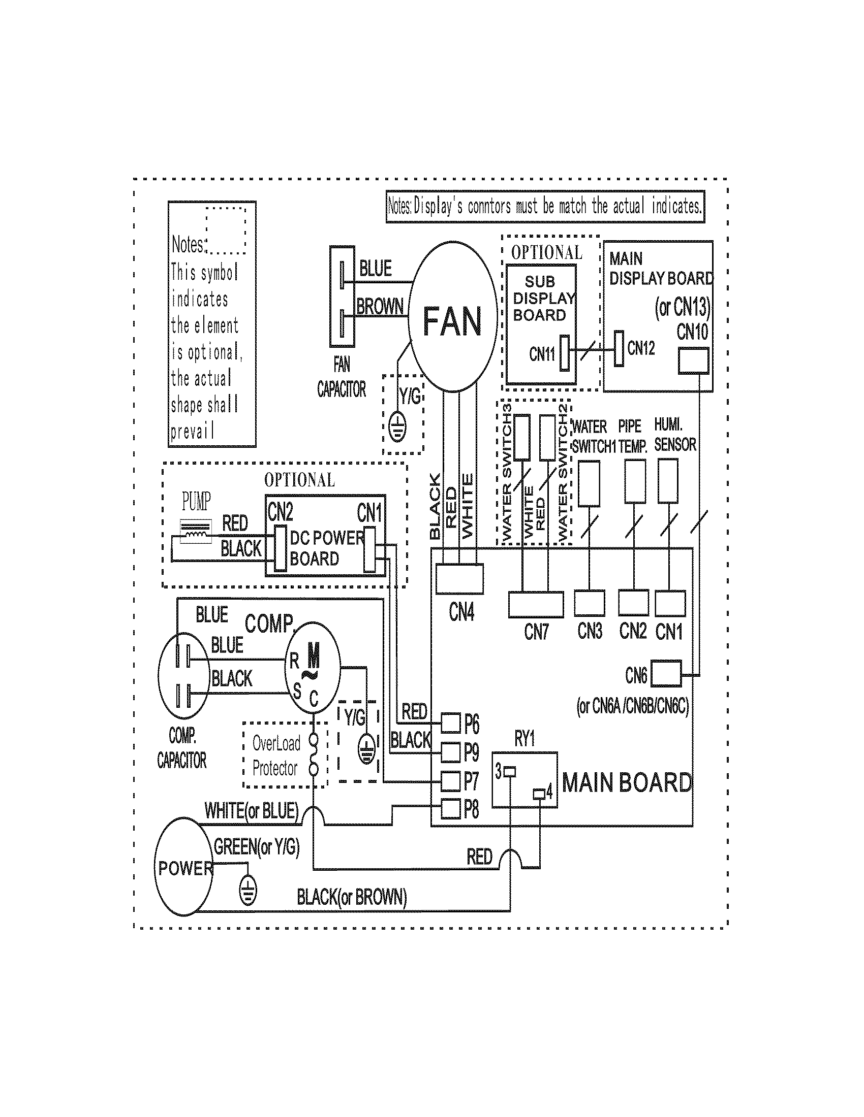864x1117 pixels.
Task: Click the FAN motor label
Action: click(452, 321)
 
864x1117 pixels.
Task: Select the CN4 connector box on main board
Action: click(459, 578)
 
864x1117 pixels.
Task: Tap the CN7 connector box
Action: click(535, 605)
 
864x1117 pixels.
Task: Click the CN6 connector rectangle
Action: click(666, 674)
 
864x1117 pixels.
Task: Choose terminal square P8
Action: click(450, 809)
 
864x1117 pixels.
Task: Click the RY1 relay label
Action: click(524, 739)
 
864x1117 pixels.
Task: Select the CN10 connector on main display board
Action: click(693, 360)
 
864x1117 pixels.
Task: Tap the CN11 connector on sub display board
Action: click(565, 353)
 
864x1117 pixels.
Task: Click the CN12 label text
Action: click(641, 348)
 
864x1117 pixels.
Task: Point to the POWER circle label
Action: click(185, 868)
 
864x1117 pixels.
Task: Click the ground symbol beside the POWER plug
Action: click(248, 892)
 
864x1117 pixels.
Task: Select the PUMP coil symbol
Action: click(196, 534)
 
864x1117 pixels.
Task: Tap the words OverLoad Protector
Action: click(275, 756)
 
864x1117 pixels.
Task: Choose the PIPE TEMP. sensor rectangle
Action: click(635, 481)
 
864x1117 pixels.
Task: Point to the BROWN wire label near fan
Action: click(380, 307)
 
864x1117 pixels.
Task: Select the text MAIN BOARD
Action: click(627, 783)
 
